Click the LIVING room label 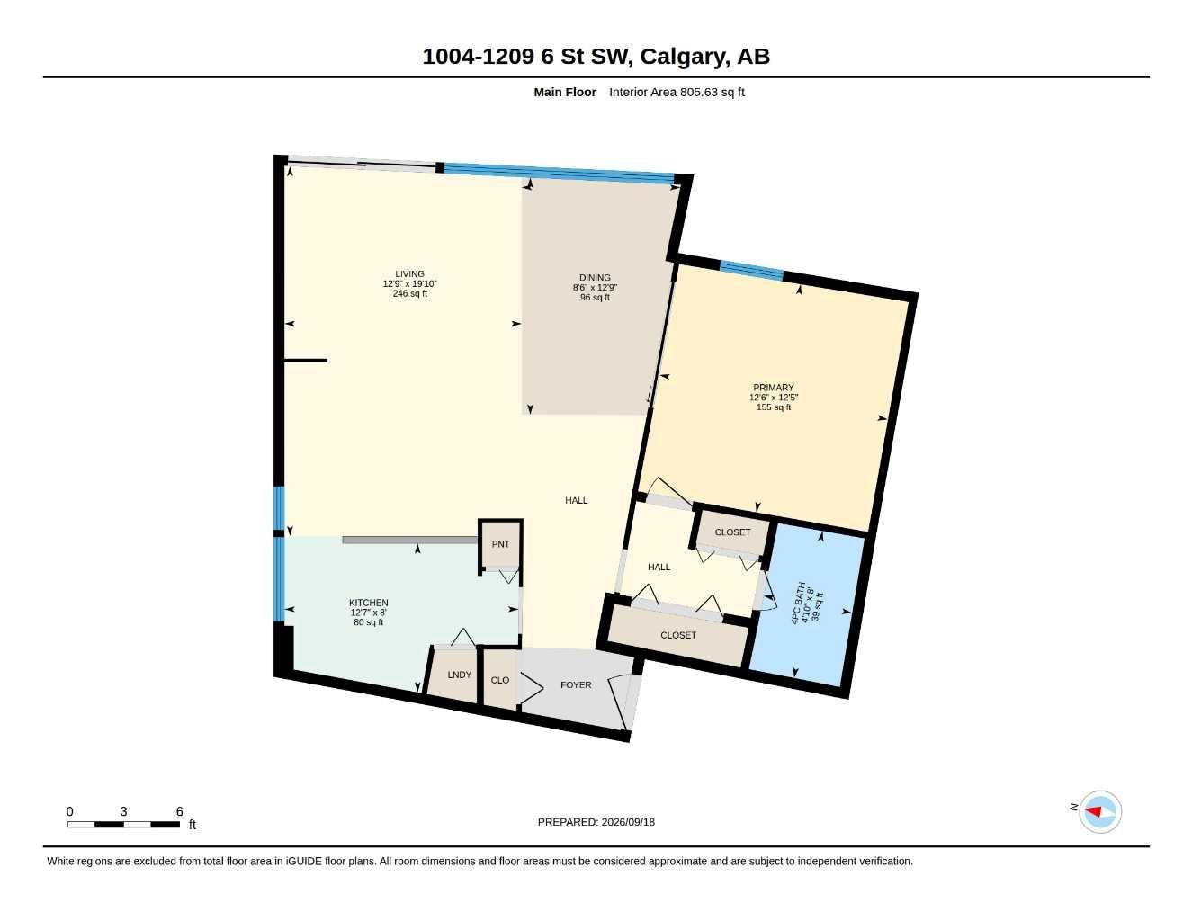tap(409, 273)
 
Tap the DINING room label tap(595, 277)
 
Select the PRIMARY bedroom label tap(774, 387)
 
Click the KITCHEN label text tap(369, 603)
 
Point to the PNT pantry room tap(501, 544)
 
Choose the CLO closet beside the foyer tap(500, 680)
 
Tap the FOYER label tap(576, 684)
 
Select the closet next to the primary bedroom tap(733, 532)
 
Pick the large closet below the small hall tap(678, 635)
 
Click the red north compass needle tap(1093, 811)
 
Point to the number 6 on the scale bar tap(179, 811)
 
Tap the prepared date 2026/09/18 tap(628, 822)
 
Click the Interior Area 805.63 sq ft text tap(677, 92)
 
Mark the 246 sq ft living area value tap(409, 293)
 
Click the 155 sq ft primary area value tap(774, 407)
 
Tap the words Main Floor tap(565, 92)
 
